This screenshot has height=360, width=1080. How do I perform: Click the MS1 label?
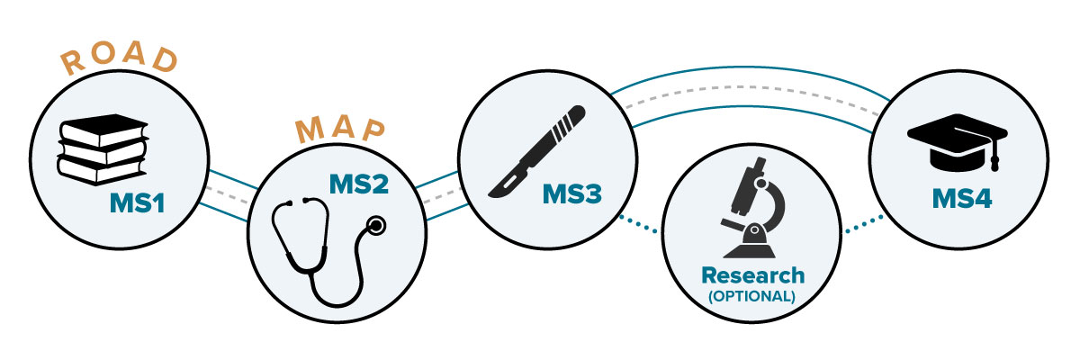tap(137, 204)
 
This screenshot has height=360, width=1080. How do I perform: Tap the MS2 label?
tap(359, 187)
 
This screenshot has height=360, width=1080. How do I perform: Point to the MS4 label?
tap(962, 198)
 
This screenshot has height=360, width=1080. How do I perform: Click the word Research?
tap(752, 274)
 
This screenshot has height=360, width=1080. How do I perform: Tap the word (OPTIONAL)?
tap(752, 294)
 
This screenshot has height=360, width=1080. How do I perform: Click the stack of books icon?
tap(102, 149)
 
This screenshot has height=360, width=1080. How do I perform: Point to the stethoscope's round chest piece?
tap(377, 224)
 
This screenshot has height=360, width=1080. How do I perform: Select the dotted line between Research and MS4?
tap(862, 224)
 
